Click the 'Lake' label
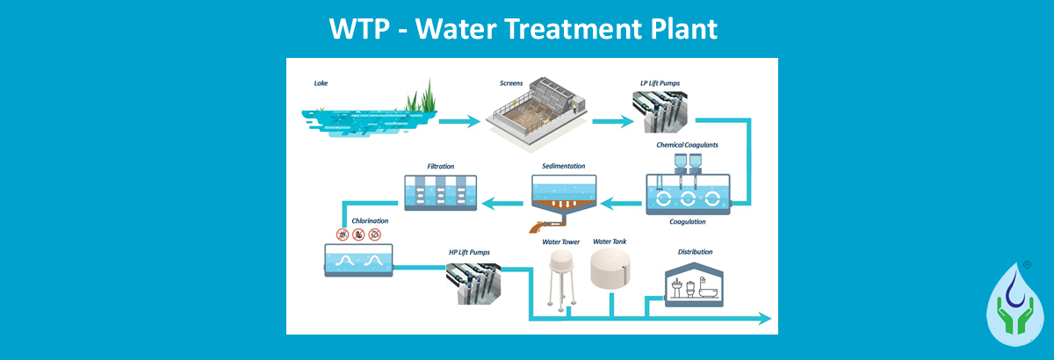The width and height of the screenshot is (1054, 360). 321,84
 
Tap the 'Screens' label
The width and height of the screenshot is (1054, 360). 511,83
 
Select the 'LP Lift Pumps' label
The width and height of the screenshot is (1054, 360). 660,83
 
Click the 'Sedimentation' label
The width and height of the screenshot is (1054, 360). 563,165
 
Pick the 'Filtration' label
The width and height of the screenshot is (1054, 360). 440,165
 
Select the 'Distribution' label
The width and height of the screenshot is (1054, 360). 695,252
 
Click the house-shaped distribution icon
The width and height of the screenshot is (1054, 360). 694,283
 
